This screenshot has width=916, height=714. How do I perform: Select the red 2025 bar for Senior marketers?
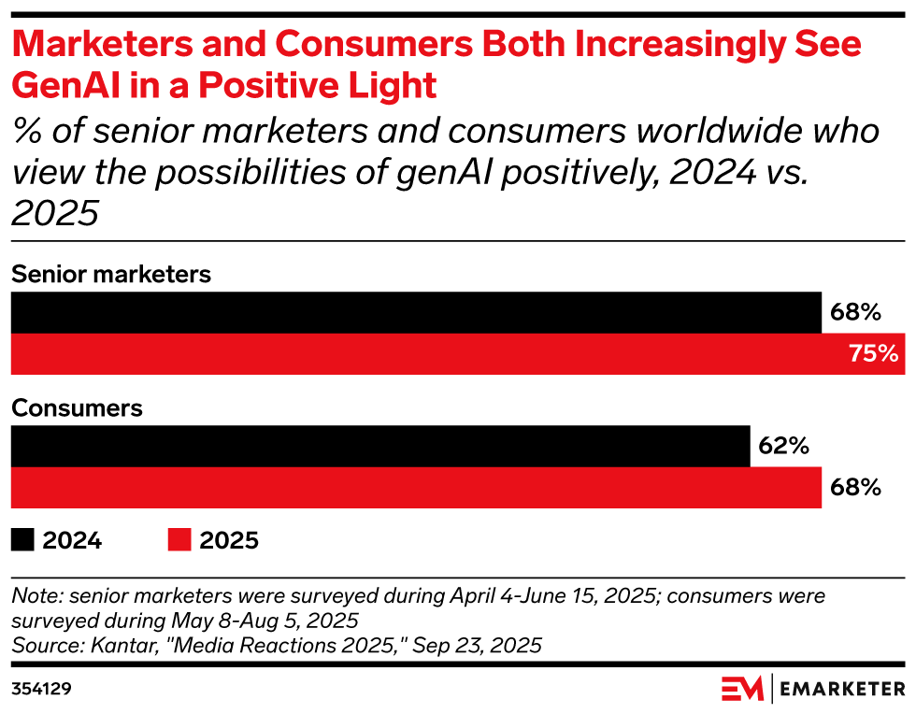tap(457, 354)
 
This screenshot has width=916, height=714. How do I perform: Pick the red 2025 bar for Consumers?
tap(416, 488)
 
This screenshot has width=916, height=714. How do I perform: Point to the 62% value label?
tap(783, 446)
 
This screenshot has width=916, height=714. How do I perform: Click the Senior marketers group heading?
tap(111, 275)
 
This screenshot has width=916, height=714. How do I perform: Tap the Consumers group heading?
tap(77, 408)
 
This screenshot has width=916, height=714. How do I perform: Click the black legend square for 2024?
tap(22, 539)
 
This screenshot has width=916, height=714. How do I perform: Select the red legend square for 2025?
tap(179, 539)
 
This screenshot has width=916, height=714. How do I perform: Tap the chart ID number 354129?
tap(42, 689)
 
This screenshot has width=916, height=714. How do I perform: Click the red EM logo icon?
tap(743, 690)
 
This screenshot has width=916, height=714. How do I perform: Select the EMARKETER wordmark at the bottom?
tap(843, 690)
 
